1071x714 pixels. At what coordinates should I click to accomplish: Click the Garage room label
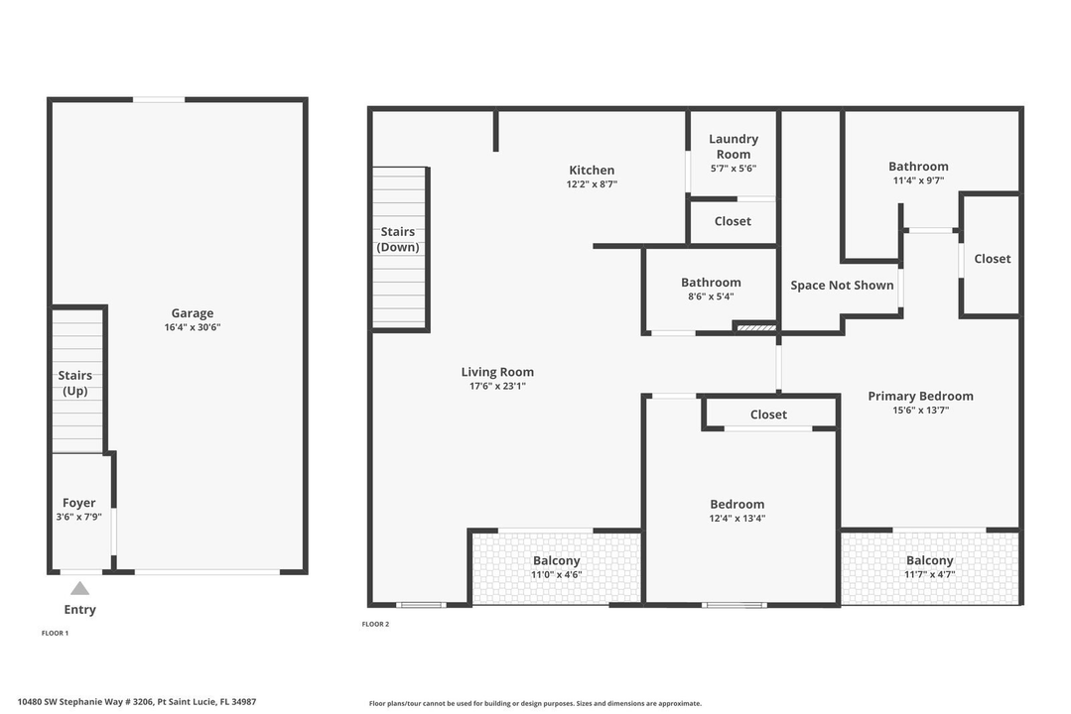(x=192, y=313)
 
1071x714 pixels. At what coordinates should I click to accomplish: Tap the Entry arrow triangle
(x=79, y=588)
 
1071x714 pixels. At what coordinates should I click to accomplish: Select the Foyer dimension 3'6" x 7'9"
(x=79, y=517)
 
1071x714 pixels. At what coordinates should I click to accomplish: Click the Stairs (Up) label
(x=74, y=383)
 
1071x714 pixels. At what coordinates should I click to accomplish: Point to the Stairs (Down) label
(x=397, y=239)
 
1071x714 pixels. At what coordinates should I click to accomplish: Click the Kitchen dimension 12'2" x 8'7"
(x=592, y=183)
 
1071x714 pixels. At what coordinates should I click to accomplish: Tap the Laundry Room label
(x=733, y=147)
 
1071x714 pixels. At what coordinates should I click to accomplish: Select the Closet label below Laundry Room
(x=733, y=221)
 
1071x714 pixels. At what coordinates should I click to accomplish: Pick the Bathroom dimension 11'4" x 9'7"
(x=918, y=180)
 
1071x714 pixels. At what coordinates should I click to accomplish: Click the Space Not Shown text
(x=842, y=286)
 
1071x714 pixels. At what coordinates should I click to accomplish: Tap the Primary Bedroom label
(x=920, y=396)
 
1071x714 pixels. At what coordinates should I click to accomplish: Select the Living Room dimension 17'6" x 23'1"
(x=497, y=386)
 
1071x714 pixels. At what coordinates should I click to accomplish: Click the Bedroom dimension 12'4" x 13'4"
(x=736, y=518)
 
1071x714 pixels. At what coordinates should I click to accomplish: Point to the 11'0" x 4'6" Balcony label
(x=556, y=561)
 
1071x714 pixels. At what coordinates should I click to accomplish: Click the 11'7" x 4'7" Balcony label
(x=928, y=561)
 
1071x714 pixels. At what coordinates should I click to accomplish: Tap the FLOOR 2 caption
(x=375, y=624)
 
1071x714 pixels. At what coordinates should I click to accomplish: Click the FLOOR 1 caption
(x=55, y=632)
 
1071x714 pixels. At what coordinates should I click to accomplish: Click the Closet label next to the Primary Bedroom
(x=992, y=259)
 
